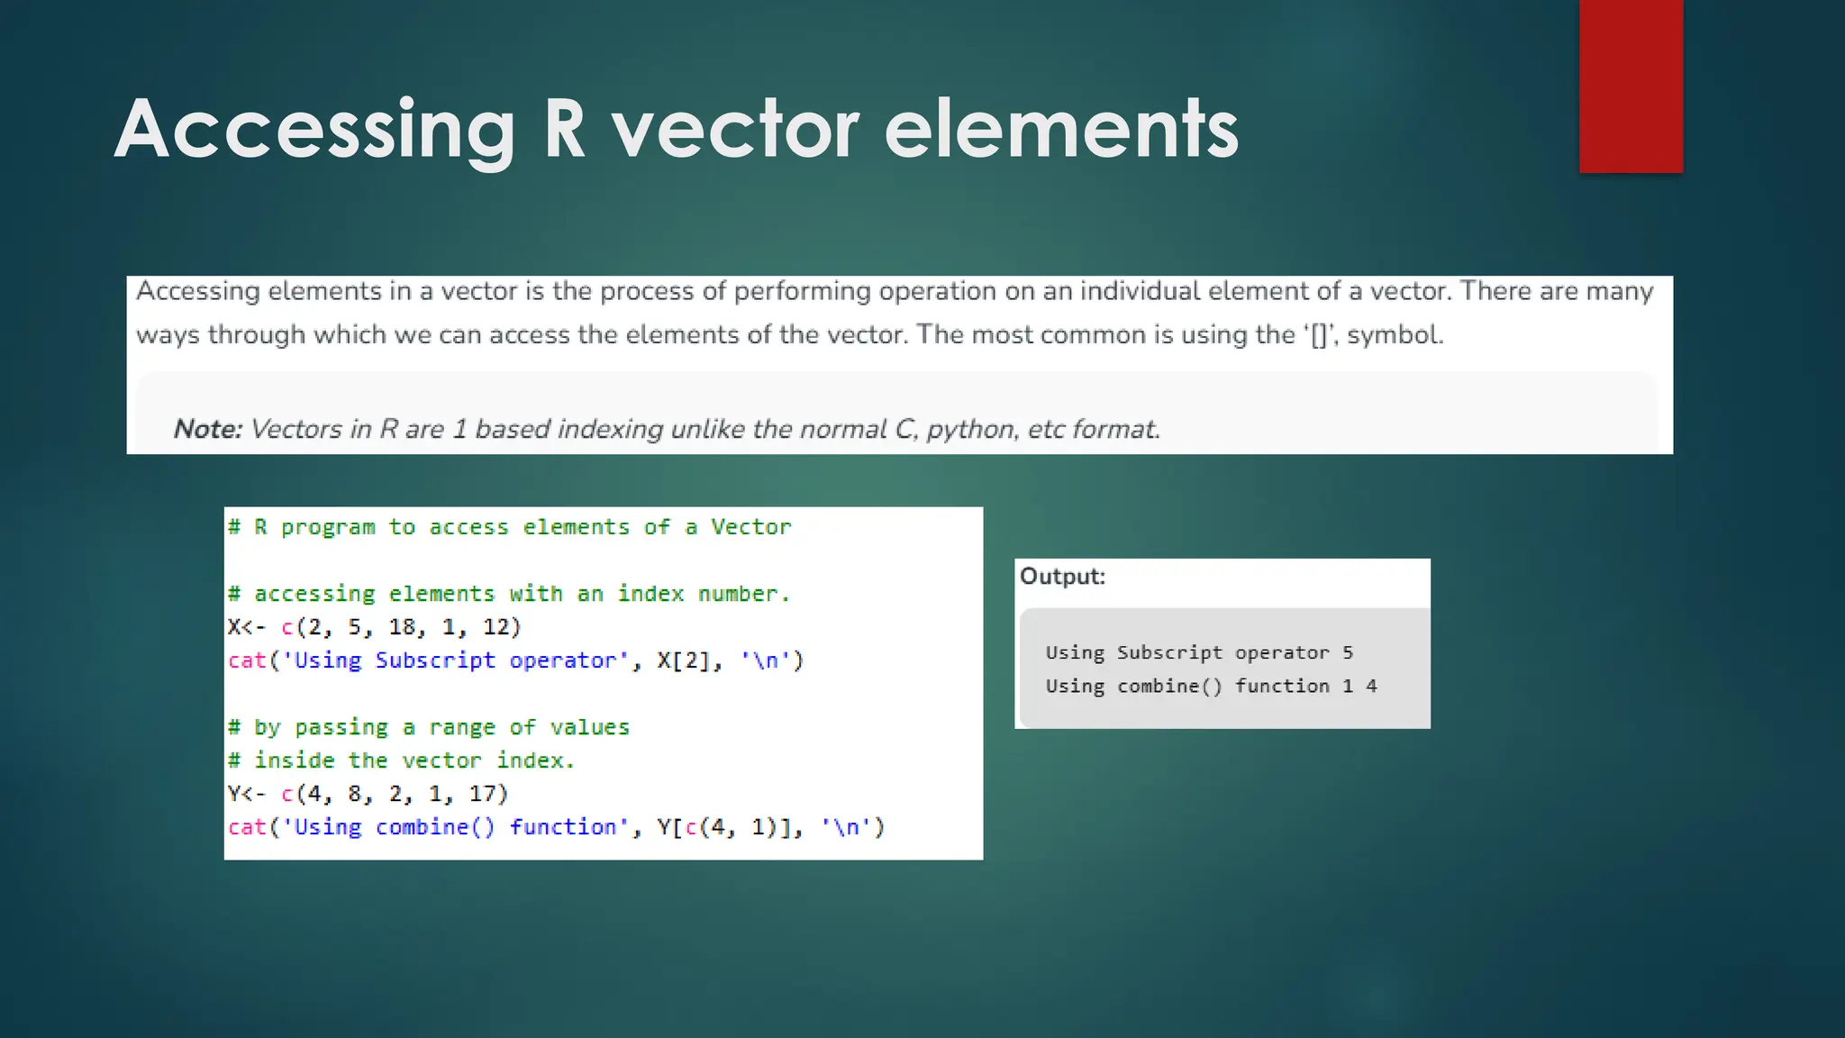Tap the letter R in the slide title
pos(565,131)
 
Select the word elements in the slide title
pos(1061,131)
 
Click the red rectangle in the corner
pos(1631,86)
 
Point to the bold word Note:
pos(208,429)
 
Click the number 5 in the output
pos(1348,652)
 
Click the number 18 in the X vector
pos(402,627)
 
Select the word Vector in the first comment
pos(750,527)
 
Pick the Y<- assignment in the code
pos(247,794)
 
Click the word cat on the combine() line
pos(248,827)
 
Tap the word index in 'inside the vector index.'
pos(535,760)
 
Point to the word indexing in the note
pos(610,429)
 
